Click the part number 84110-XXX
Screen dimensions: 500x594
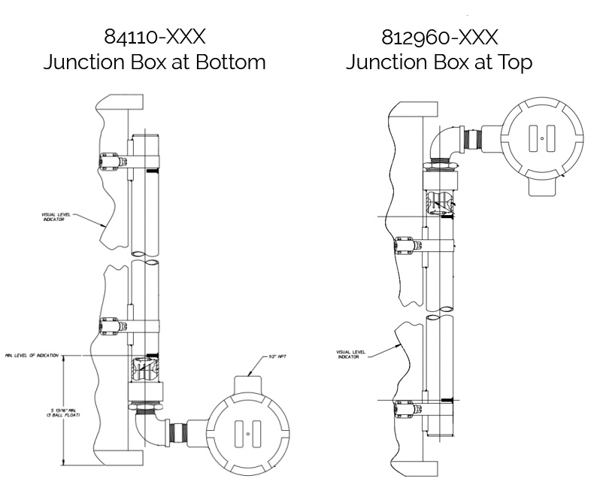click(153, 37)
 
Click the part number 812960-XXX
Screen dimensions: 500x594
click(439, 37)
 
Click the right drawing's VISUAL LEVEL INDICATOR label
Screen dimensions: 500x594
click(346, 353)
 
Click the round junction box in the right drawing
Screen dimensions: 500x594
click(541, 138)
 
